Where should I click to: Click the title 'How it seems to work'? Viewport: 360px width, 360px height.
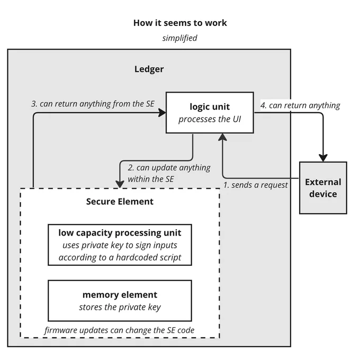tap(180, 23)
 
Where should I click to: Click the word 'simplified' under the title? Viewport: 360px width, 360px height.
tap(180, 38)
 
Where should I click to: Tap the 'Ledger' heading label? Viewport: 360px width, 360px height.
tap(149, 69)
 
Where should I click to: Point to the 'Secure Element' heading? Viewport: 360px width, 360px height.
tap(120, 202)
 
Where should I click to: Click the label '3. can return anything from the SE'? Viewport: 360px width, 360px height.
tap(93, 104)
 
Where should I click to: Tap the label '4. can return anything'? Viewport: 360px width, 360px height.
tap(300, 105)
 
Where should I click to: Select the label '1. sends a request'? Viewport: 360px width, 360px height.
tap(256, 185)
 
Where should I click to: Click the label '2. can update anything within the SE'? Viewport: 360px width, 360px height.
tap(169, 173)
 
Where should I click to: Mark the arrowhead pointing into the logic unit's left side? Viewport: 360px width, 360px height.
tap(162, 113)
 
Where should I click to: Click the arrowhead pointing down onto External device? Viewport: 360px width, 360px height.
tap(323, 158)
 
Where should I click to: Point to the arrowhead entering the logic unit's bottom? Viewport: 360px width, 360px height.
tap(222, 137)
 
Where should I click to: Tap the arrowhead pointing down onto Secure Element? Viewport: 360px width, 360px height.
tap(120, 184)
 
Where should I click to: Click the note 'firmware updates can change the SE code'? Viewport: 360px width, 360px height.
tap(120, 330)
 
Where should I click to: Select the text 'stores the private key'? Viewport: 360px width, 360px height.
tap(120, 307)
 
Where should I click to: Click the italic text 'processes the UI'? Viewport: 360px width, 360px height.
tap(210, 119)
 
